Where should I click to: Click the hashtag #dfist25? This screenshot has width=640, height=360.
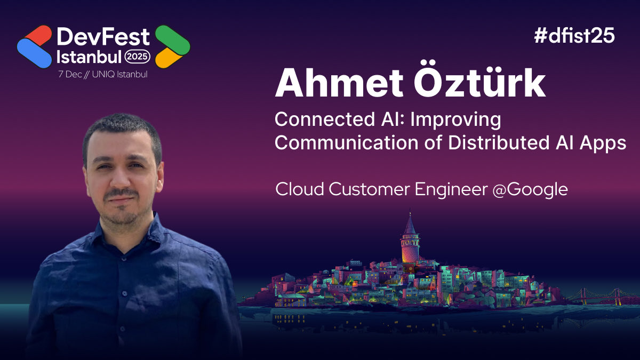[x=574, y=36]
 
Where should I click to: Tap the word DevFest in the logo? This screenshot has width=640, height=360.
[x=103, y=36]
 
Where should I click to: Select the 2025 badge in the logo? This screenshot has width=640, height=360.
[x=138, y=55]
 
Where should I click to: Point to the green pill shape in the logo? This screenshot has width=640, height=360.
[x=172, y=39]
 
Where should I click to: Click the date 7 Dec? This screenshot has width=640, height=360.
[x=70, y=74]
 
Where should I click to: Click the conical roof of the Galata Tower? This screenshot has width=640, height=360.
[x=410, y=224]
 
